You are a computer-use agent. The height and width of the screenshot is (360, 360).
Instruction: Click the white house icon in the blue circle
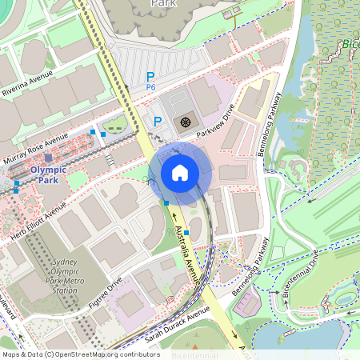180,172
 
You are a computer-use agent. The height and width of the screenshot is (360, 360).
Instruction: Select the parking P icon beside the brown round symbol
158,122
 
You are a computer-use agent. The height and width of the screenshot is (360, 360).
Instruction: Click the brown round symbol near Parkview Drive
185,122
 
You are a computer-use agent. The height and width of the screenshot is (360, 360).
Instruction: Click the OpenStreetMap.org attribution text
104,354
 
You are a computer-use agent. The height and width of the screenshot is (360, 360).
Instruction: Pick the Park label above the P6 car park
164,4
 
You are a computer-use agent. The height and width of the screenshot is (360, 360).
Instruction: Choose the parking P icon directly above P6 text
150,76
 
